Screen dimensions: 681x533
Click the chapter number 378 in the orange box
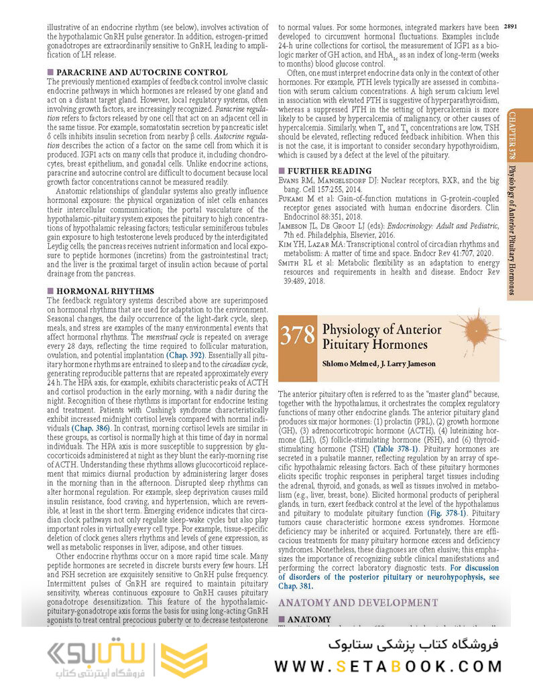click(x=297, y=335)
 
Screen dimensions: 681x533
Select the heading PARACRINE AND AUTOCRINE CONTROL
click(x=141, y=72)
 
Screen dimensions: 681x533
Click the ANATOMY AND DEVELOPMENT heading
click(x=357, y=603)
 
